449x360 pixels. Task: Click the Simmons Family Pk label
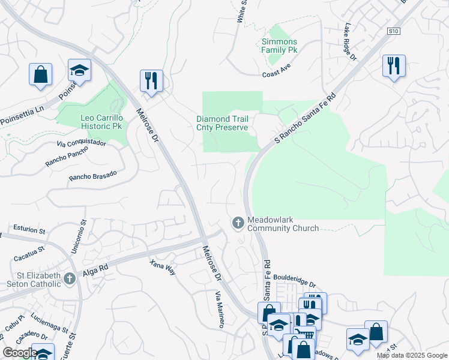pyautogui.click(x=280, y=46)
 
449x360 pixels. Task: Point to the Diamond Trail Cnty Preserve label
pyautogui.click(x=222, y=123)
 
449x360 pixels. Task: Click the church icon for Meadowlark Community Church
pyautogui.click(x=238, y=223)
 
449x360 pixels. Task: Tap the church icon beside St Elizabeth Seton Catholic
pyautogui.click(x=70, y=278)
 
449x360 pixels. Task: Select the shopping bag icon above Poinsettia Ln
pyautogui.click(x=40, y=74)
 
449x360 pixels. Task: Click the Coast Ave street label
pyautogui.click(x=276, y=74)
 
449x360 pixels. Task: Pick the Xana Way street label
pyautogui.click(x=163, y=267)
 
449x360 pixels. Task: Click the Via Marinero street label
pyautogui.click(x=220, y=309)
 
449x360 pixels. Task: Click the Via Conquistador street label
pyautogui.click(x=81, y=143)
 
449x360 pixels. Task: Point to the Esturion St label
pyautogui.click(x=29, y=230)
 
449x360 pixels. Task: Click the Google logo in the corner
pyautogui.click(x=20, y=353)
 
